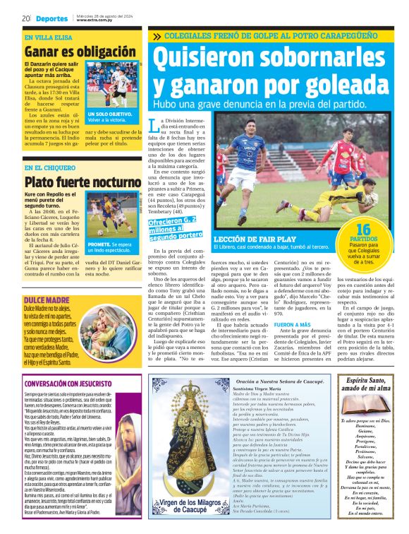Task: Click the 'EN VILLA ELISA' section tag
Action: pos(48,37)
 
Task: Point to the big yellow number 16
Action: pos(363,230)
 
